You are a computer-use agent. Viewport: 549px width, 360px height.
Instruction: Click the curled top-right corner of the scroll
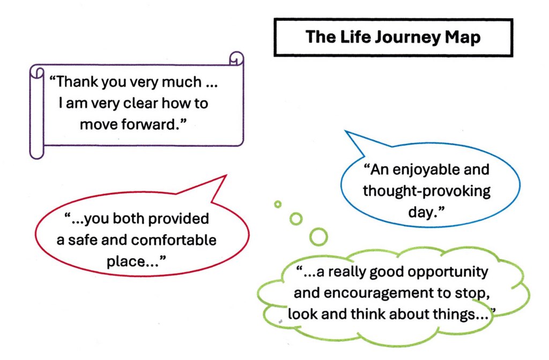236,58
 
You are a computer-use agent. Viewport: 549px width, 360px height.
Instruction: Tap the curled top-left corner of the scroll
37,73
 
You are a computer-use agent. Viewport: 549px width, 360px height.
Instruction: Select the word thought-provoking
426,191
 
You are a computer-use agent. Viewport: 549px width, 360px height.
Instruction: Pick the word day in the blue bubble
420,212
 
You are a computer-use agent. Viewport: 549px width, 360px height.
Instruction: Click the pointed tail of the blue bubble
346,132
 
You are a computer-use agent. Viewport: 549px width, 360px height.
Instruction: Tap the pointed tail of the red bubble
226,176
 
